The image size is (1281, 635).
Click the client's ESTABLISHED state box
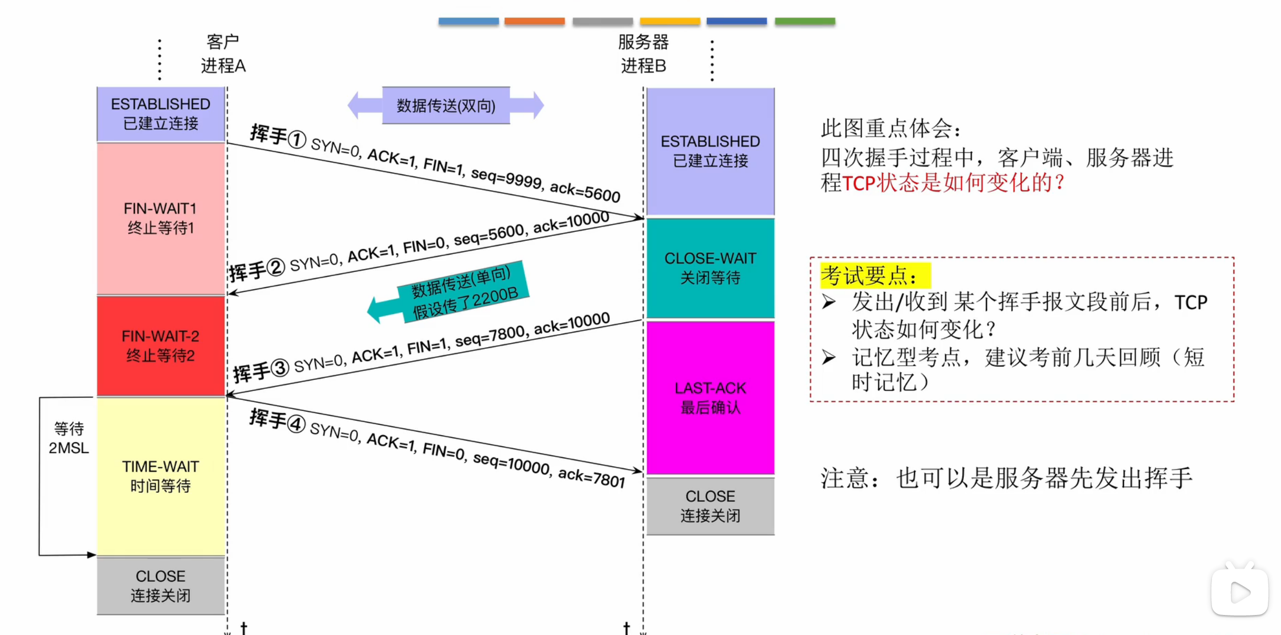click(161, 114)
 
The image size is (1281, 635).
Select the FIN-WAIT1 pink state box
click(161, 218)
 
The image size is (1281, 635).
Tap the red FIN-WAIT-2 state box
click(161, 346)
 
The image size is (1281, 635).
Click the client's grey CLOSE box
click(161, 585)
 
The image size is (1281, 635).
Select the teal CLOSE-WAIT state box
click(710, 268)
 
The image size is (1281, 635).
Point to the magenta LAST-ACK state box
click(710, 398)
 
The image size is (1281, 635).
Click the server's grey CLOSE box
click(710, 506)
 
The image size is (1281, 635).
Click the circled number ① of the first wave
click(297, 140)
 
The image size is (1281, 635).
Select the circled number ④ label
click(296, 424)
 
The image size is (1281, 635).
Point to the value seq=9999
click(506, 178)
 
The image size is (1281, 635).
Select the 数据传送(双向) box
click(446, 105)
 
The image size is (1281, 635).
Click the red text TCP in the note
click(858, 183)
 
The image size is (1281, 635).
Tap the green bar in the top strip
click(805, 22)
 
